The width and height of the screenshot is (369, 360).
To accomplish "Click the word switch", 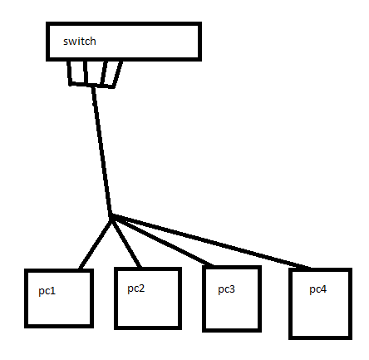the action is [80, 42].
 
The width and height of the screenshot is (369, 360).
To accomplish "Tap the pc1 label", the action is [47, 291].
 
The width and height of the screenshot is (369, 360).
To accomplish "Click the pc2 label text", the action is [136, 288].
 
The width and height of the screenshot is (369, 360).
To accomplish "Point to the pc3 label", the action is [226, 289].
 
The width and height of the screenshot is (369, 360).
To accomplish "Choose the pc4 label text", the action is [317, 289].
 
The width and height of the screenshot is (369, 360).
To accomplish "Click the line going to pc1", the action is [95, 244].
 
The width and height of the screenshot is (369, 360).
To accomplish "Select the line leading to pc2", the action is [126, 242].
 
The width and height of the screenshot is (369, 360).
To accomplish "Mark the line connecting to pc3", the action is [162, 240].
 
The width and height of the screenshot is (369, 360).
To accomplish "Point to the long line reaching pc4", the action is [210, 241].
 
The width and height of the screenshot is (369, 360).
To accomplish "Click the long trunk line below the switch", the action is [101, 150].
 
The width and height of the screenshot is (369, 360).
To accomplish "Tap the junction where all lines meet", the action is [111, 216].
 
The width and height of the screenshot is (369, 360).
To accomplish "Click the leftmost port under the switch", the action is [70, 72].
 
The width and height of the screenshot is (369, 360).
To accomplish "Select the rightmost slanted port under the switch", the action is [118, 74].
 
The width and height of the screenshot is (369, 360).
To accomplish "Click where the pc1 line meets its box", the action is [81, 269].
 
